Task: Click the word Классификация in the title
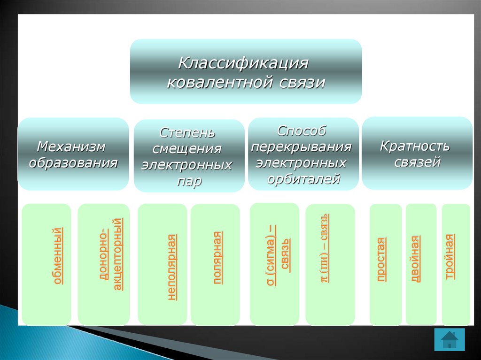click(x=243, y=63)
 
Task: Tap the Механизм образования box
click(x=73, y=154)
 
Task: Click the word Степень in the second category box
click(x=187, y=132)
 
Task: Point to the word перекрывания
click(x=301, y=147)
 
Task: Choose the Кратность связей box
click(x=417, y=153)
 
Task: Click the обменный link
click(x=57, y=256)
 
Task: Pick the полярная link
click(x=217, y=258)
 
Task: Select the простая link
click(x=381, y=260)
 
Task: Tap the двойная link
click(x=415, y=258)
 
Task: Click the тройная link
click(x=450, y=256)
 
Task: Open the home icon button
click(x=450, y=339)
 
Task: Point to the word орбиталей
click(x=304, y=179)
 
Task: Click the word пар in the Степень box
click(x=189, y=181)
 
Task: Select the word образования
click(x=73, y=163)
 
